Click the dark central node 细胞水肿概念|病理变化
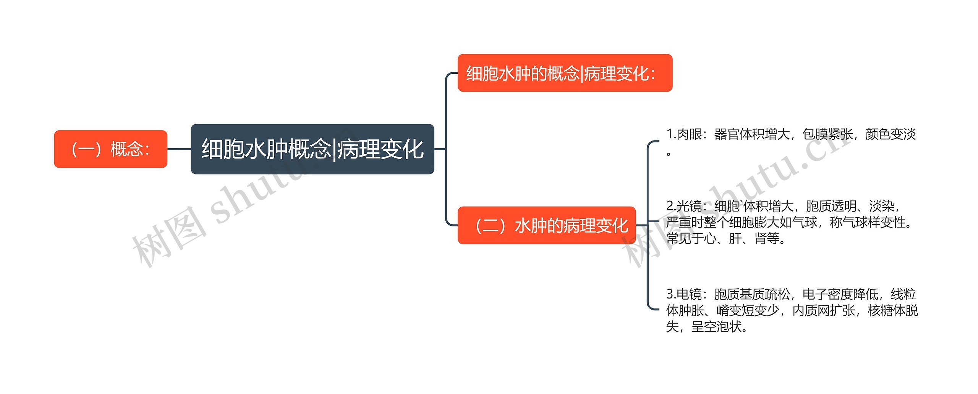click(x=312, y=149)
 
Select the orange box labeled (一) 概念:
click(x=110, y=149)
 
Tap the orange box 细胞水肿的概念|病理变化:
click(x=565, y=73)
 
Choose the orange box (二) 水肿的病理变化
click(x=546, y=225)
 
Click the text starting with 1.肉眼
click(x=791, y=134)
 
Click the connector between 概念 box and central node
click(x=179, y=149)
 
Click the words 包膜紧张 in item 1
click(x=827, y=134)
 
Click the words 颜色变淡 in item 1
click(x=891, y=134)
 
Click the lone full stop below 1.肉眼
click(x=669, y=154)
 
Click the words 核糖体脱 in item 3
click(x=892, y=310)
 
